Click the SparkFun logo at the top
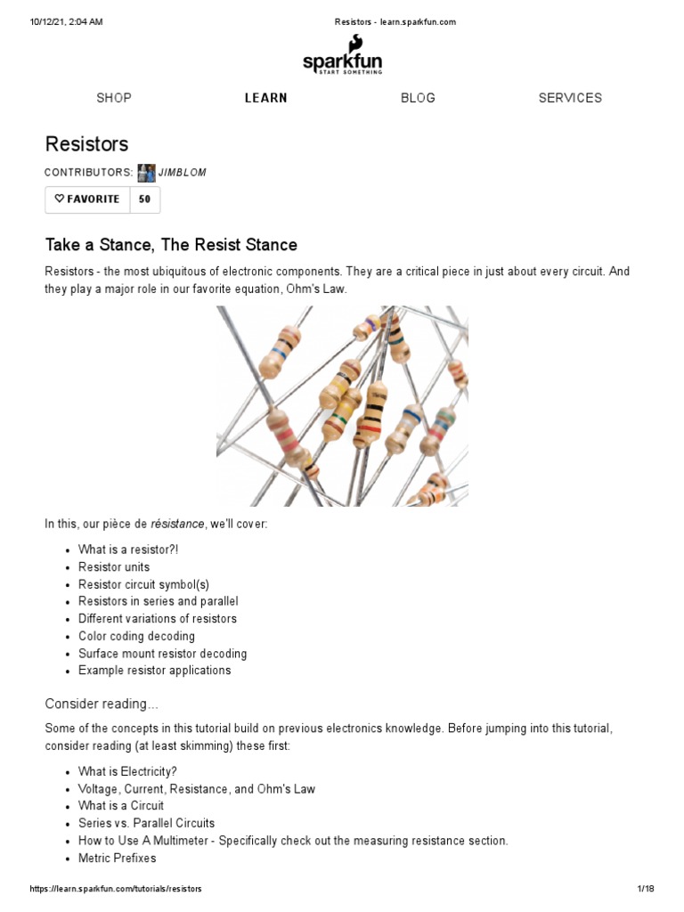coord(342,56)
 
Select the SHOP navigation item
coord(114,98)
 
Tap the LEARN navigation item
coord(266,98)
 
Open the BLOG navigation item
coord(418,98)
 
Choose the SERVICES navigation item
coord(570,98)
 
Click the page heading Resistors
coord(87,144)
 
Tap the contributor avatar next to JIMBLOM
coord(146,173)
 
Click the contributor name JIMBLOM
coord(182,173)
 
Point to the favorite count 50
coord(144,199)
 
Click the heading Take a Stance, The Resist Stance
coord(171,245)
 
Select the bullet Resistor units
coord(114,567)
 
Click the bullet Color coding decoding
coord(136,637)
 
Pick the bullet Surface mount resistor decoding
coord(162,654)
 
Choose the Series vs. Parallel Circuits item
coord(146,824)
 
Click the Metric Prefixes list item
coord(117,859)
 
